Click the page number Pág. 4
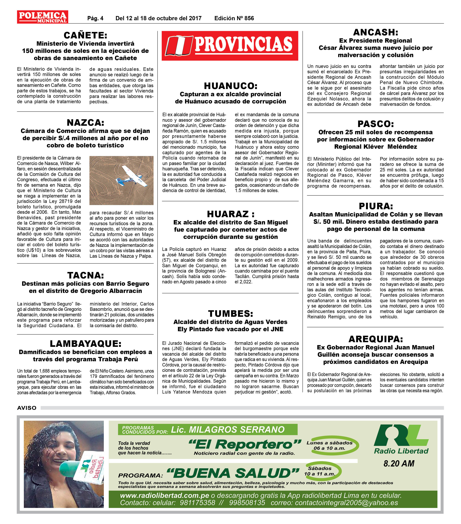95,18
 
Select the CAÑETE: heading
85,35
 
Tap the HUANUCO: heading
230,86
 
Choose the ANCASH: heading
375,32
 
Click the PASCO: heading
375,124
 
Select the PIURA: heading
376,206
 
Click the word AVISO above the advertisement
27,408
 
